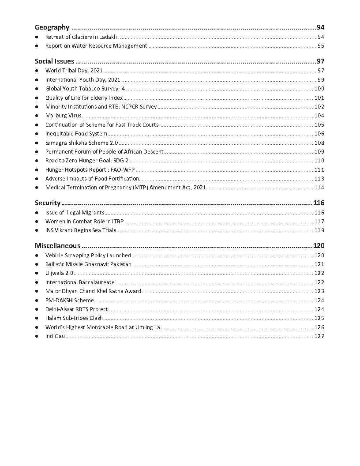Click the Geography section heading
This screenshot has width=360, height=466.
(52, 27)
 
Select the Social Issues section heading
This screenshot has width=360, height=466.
(54, 61)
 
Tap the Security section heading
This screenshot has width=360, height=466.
(48, 203)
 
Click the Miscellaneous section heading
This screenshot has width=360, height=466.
(57, 246)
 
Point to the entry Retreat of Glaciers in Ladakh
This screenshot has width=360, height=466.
(81, 37)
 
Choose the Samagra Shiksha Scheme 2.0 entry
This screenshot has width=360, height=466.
(82, 143)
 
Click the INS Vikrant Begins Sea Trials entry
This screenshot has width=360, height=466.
(81, 230)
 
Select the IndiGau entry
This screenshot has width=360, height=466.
(55, 336)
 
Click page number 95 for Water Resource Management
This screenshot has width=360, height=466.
(321, 46)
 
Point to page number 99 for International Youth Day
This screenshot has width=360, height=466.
(321, 79)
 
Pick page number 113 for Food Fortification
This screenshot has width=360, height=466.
(319, 179)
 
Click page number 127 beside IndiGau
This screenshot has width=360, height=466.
(319, 336)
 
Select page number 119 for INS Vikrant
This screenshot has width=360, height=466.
(319, 230)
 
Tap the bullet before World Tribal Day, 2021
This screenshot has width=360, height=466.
(37, 71)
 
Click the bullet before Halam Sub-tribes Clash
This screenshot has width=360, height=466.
(37, 318)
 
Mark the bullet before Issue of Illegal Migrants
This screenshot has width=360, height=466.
(37, 213)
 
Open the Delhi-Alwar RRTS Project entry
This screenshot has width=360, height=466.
(76, 309)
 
